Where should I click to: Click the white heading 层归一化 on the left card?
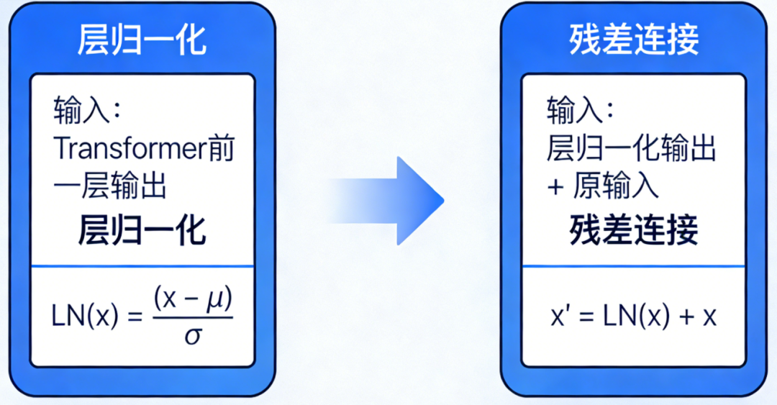(142, 40)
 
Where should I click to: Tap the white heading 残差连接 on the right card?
(634, 40)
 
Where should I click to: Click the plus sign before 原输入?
(555, 188)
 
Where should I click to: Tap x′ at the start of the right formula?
(558, 317)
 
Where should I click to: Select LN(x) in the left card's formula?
(85, 317)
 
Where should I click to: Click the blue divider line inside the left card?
(142, 266)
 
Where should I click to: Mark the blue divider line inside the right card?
(634, 266)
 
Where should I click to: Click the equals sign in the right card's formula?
(586, 317)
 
